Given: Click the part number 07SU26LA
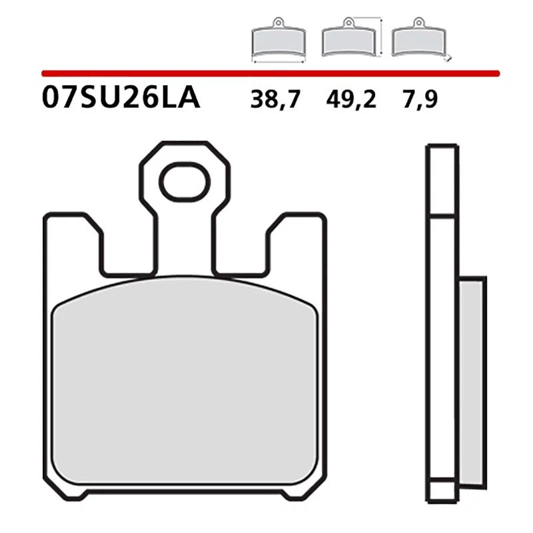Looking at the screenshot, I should [x=120, y=99].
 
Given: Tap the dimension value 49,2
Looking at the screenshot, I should [x=351, y=99].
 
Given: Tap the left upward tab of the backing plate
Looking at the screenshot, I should [x=72, y=247].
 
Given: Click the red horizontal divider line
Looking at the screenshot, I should [x=266, y=72].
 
